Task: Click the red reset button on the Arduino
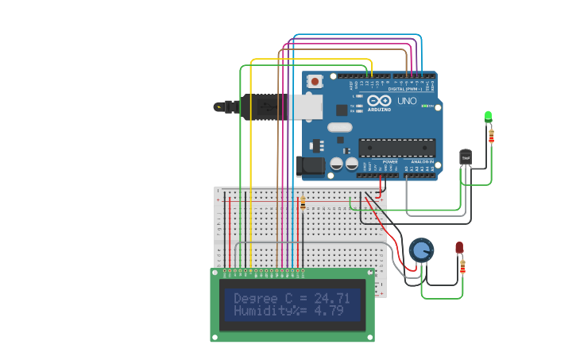(315, 81)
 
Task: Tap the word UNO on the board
(407, 101)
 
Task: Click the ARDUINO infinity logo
(379, 101)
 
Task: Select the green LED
(489, 117)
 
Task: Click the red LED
(459, 248)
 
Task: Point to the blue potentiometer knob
(421, 250)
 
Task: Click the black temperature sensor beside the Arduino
(466, 157)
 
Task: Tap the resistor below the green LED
(491, 137)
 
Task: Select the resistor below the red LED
(462, 266)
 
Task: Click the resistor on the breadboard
(303, 204)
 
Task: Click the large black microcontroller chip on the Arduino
(396, 147)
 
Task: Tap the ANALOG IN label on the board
(421, 161)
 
